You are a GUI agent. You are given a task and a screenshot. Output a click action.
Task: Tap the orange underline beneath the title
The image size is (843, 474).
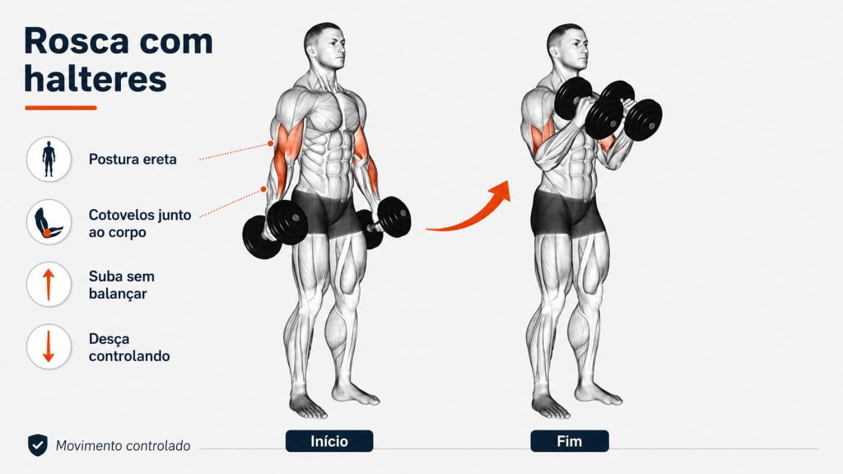click(61, 108)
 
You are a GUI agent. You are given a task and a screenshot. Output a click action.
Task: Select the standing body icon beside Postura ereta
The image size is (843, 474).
click(49, 159)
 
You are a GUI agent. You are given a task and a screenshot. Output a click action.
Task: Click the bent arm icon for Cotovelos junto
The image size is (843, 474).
click(49, 222)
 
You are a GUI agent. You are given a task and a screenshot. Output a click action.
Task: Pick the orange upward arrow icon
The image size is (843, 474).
click(49, 284)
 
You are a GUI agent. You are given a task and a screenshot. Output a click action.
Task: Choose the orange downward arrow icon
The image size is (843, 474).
click(49, 346)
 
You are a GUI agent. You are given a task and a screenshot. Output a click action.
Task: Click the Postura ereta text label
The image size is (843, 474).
click(133, 159)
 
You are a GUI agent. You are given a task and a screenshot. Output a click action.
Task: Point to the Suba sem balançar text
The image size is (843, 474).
click(122, 285)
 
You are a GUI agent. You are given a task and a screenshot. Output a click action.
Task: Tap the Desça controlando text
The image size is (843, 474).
click(129, 348)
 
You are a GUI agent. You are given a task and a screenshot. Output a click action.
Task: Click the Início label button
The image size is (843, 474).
click(329, 441)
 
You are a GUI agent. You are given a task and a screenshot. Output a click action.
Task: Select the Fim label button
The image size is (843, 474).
click(570, 441)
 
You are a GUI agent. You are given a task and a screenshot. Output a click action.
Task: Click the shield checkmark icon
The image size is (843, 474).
click(38, 445)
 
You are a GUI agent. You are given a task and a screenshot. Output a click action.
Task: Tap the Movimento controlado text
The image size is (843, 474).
click(123, 446)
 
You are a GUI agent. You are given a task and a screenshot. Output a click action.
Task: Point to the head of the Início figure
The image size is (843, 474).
click(324, 46)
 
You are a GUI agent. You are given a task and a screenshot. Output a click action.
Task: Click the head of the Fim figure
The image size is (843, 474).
click(567, 47)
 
